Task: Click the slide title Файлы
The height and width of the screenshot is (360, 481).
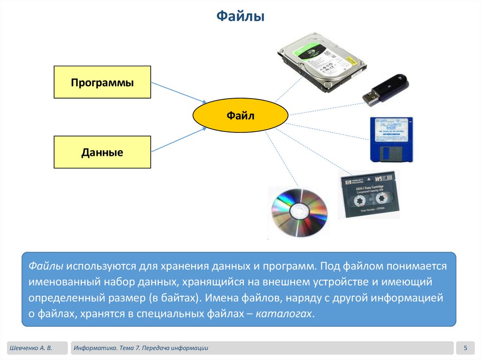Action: (240, 17)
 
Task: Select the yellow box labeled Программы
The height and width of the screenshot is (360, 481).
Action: (102, 82)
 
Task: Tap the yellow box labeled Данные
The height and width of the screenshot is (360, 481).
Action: (102, 152)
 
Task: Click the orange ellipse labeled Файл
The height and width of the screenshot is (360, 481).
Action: (240, 115)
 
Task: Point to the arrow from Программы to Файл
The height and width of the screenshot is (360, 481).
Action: (178, 92)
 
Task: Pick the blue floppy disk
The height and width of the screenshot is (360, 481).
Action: (390, 139)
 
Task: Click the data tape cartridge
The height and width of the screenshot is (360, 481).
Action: (369, 195)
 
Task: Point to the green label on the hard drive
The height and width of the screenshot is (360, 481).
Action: (312, 50)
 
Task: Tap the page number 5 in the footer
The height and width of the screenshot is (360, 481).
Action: (465, 348)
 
